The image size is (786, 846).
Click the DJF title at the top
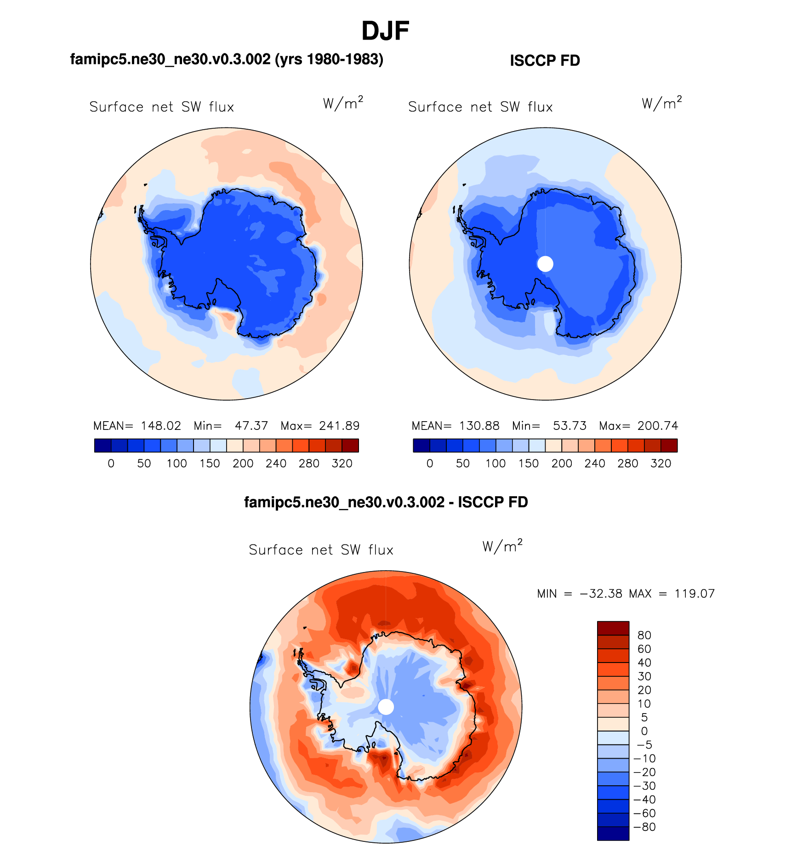coord(385,31)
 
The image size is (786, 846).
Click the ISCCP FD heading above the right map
coord(545,61)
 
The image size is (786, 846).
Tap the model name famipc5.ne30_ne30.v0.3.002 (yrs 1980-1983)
coord(227,59)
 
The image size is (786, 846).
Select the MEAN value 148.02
coord(161,426)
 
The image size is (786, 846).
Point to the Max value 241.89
coord(339,426)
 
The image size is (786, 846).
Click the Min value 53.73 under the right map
coord(570,426)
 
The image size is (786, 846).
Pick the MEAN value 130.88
coord(479,426)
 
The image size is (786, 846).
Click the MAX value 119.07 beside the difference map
coord(695,594)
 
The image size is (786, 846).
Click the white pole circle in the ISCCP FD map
coord(545,264)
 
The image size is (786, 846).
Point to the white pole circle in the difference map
coord(386,707)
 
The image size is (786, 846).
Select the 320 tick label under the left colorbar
coord(342,463)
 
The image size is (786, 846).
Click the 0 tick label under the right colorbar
coord(430,463)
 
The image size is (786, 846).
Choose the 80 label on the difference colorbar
coord(644,635)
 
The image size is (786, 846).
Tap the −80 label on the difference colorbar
coord(644,827)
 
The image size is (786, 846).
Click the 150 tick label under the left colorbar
coord(210,463)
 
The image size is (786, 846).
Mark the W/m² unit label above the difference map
coord(502,546)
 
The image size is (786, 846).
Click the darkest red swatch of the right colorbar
coord(669,446)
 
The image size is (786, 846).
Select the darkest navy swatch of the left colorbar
coord(103,446)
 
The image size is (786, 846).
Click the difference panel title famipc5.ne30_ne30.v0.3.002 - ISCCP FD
coord(386,502)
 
